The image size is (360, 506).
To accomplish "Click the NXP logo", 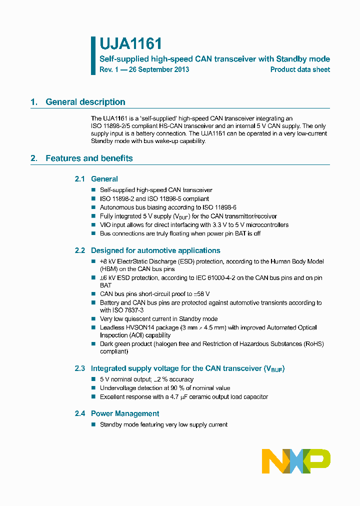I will pyautogui.click(x=296, y=461).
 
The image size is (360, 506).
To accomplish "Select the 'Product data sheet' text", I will pyautogui.click(x=300, y=69).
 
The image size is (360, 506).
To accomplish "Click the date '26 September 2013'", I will pyautogui.click(x=159, y=69).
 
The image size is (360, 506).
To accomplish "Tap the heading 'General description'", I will pyautogui.click(x=85, y=102).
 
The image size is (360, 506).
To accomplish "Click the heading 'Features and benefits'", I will pyautogui.click(x=89, y=158).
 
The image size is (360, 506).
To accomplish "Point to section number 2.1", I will pyautogui.click(x=80, y=179).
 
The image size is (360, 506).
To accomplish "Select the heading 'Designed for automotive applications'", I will pyautogui.click(x=155, y=250).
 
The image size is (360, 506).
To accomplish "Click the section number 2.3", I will pyautogui.click(x=80, y=368).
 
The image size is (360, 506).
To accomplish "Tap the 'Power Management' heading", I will pyautogui.click(x=125, y=413).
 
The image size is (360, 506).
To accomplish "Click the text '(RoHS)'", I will pyautogui.click(x=313, y=344).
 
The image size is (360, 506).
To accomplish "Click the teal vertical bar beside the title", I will pyautogui.click(x=93, y=55).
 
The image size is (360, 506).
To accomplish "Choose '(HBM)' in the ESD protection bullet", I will pyautogui.click(x=109, y=269).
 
